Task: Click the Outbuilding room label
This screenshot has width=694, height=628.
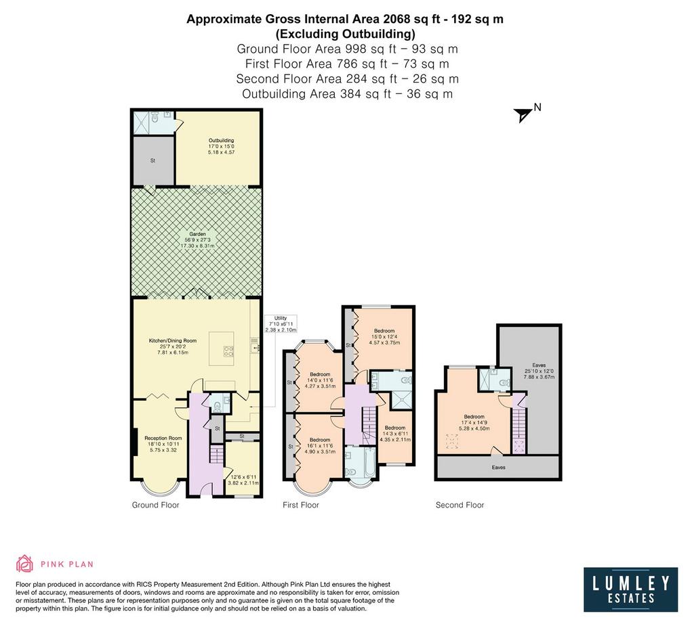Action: tap(221, 146)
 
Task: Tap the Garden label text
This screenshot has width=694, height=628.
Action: tap(197, 240)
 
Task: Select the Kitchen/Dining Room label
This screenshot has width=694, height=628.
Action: tap(172, 346)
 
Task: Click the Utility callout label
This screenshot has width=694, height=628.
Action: tap(281, 324)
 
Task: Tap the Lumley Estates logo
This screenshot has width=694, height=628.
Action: tap(630, 589)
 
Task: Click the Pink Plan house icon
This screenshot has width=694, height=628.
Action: tap(25, 564)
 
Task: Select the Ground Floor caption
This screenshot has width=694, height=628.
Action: tap(155, 505)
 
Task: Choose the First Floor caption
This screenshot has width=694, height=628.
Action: tap(300, 505)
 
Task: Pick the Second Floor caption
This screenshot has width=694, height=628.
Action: tap(460, 505)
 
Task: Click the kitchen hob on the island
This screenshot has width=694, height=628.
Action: tap(228, 351)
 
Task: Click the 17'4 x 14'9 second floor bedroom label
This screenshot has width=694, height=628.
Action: tap(474, 422)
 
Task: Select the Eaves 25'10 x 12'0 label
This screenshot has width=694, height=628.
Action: tap(539, 372)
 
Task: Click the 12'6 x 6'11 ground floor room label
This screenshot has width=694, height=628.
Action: tap(243, 480)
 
